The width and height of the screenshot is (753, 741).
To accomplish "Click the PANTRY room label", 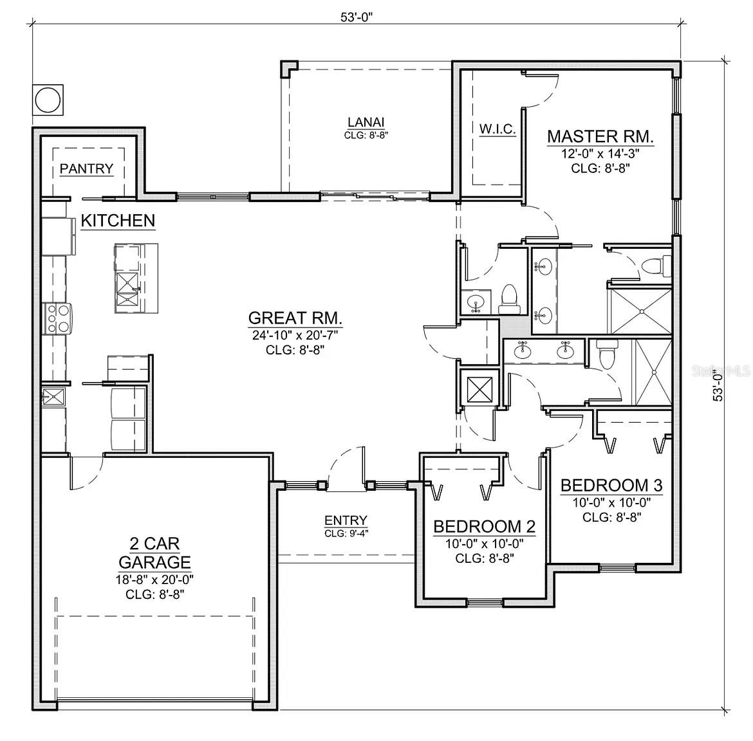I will click(x=86, y=169).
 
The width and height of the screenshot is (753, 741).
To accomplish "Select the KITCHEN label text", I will click(x=118, y=221).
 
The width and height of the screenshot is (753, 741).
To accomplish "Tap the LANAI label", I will click(x=366, y=122).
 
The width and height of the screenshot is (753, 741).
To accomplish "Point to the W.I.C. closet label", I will click(x=497, y=129).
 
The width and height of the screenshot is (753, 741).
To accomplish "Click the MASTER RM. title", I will click(x=600, y=136).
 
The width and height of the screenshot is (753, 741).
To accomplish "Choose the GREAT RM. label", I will click(x=295, y=318).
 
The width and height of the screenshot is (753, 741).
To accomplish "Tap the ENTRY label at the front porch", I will click(x=346, y=520).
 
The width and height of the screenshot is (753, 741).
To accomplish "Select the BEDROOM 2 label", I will click(x=484, y=527).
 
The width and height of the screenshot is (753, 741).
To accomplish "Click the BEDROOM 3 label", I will click(x=611, y=485).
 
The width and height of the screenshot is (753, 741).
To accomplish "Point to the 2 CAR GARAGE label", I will click(x=154, y=552).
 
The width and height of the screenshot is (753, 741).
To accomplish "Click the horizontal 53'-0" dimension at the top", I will click(x=357, y=17).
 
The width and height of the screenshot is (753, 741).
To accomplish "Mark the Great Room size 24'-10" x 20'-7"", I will click(x=295, y=335).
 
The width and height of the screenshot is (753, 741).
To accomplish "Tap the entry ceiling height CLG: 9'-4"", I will click(x=346, y=533).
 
